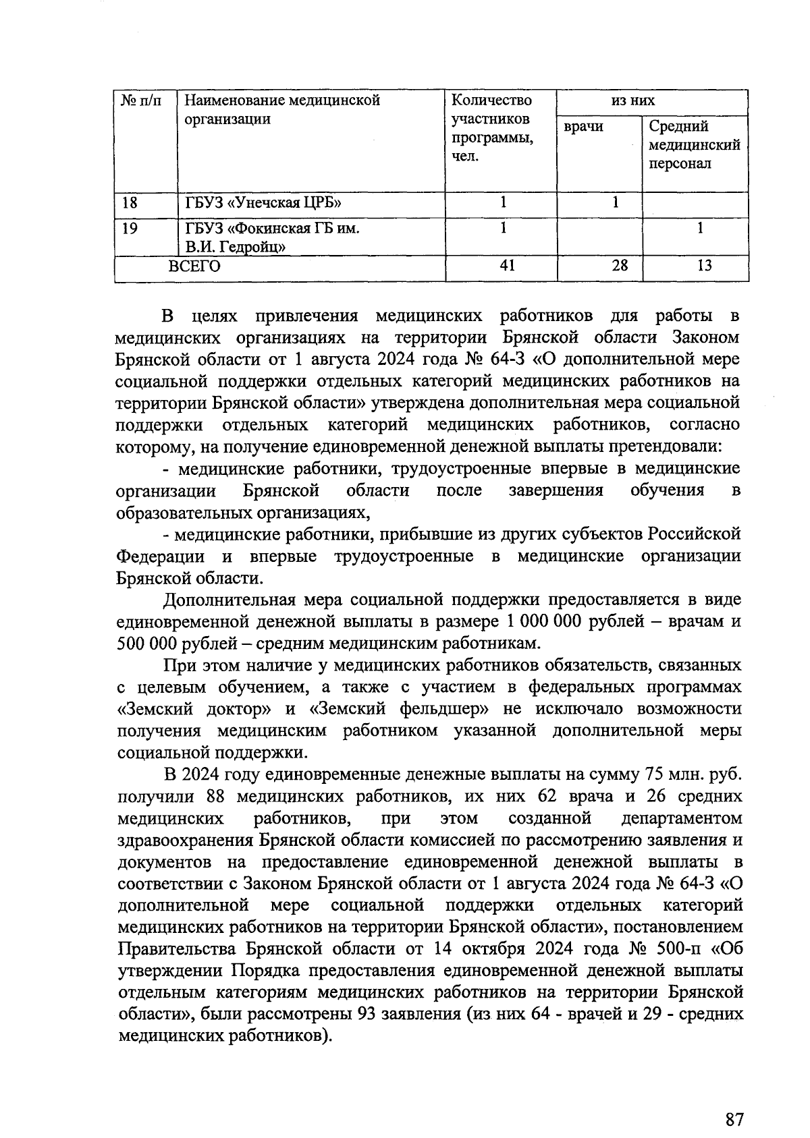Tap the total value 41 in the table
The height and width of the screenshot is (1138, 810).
coord(507,266)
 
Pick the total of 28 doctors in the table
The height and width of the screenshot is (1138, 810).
coord(619,266)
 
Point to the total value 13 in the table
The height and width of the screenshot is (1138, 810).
coord(703,266)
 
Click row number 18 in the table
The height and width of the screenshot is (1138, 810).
coord(130,202)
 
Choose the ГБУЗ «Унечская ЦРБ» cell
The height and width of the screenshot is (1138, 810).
coord(259,202)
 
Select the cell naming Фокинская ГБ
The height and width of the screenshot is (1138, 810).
coord(272,237)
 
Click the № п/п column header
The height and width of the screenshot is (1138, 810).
coord(142,101)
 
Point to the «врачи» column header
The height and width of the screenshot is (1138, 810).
coord(583,127)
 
